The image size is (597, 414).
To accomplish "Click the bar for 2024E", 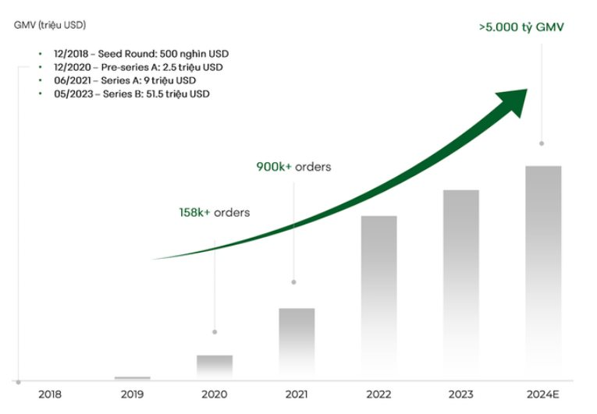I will click(542, 273).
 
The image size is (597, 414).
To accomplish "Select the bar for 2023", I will click(460, 285).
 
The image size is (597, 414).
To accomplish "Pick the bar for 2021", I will click(297, 344).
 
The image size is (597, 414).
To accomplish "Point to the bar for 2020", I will click(215, 367).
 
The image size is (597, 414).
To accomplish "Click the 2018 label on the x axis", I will click(50, 395).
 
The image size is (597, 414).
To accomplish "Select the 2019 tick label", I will click(132, 395).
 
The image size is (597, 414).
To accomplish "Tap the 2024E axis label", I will click(542, 395).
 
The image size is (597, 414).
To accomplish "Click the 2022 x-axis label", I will click(378, 395).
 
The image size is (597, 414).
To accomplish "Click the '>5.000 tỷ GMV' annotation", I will click(521, 27).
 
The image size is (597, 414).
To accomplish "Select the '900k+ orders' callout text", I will click(293, 167).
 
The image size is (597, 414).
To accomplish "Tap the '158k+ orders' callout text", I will click(214, 212).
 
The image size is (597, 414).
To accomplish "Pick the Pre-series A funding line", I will click(137, 67).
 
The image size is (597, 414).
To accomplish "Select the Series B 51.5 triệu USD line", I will click(133, 94).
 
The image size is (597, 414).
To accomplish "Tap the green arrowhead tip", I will click(526, 90).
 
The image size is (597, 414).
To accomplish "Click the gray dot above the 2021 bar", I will click(293, 282).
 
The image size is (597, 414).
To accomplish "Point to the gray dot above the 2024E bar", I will click(542, 143).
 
